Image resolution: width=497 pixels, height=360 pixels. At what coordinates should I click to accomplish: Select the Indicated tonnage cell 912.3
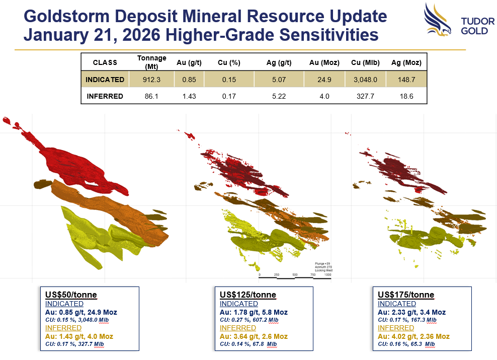[151, 80]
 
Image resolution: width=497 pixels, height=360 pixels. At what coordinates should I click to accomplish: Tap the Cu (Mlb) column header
[366, 63]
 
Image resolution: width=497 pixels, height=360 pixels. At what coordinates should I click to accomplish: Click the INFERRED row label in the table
[105, 96]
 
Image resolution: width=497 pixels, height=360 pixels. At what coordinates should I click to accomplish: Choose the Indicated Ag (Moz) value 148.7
[406, 80]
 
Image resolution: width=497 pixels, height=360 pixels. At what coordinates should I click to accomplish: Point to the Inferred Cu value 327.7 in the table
[366, 96]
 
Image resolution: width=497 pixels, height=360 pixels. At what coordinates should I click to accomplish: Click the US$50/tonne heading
[71, 295]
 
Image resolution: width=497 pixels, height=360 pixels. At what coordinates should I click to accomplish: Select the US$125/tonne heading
[248, 295]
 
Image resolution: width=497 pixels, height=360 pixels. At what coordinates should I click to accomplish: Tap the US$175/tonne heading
[406, 295]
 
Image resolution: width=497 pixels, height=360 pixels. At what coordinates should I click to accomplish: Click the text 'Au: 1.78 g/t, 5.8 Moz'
[254, 312]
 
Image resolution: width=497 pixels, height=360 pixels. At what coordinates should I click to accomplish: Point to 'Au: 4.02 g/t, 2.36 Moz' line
[413, 336]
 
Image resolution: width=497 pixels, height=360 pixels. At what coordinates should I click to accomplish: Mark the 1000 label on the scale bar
[327, 275]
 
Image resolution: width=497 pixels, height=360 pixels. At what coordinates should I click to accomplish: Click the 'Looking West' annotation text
[324, 270]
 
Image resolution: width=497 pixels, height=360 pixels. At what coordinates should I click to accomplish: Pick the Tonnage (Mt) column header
[151, 62]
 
